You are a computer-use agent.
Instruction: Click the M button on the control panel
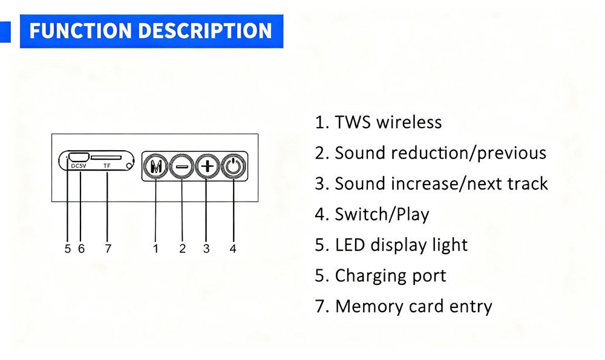(x=155, y=166)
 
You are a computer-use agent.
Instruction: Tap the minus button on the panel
(x=181, y=166)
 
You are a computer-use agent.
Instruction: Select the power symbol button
(x=234, y=166)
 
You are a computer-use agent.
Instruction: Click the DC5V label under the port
(x=79, y=166)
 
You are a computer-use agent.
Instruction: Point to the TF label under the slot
(x=107, y=166)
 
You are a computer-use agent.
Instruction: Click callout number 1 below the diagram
(x=155, y=249)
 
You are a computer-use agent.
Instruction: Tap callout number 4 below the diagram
(x=233, y=249)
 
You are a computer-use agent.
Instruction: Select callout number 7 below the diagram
(x=108, y=249)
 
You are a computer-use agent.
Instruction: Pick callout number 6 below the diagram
(x=81, y=249)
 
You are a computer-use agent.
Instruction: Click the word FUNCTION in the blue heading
(x=80, y=31)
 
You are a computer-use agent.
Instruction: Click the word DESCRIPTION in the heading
(x=205, y=31)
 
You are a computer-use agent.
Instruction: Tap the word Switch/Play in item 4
(x=382, y=215)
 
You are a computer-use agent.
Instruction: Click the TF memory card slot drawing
(x=106, y=157)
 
